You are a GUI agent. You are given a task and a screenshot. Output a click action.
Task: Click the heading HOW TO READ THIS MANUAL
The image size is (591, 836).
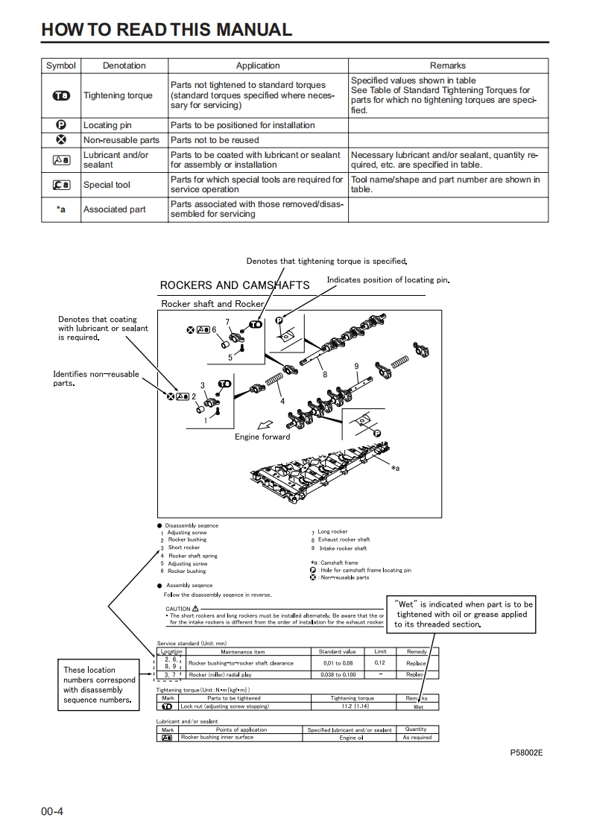pyautogui.click(x=166, y=30)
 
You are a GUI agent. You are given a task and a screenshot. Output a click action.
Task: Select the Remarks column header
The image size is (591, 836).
pyautogui.click(x=447, y=66)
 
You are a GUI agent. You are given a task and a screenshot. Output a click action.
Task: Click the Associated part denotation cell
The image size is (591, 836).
pyautogui.click(x=114, y=209)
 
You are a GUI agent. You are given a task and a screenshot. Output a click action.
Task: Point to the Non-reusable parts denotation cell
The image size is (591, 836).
pyautogui.click(x=121, y=140)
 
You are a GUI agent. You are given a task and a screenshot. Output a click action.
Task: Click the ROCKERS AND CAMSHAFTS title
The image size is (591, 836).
pyautogui.click(x=235, y=285)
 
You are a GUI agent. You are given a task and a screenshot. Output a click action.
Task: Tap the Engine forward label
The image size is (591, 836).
pyautogui.click(x=262, y=437)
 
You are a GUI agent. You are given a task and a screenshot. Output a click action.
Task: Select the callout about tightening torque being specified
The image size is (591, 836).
pyautogui.click(x=326, y=262)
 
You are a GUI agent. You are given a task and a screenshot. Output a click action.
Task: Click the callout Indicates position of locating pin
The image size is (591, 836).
pyautogui.click(x=388, y=280)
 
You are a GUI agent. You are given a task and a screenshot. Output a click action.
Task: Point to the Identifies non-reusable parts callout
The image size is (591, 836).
pyautogui.click(x=95, y=379)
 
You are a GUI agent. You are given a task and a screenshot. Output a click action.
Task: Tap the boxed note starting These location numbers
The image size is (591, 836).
pyautogui.click(x=99, y=685)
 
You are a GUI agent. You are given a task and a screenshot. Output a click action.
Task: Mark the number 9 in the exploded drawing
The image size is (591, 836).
pyautogui.click(x=357, y=366)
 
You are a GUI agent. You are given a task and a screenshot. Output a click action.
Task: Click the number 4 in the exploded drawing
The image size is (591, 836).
pyautogui.click(x=282, y=402)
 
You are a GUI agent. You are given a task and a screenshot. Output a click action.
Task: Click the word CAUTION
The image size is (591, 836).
pyautogui.click(x=178, y=609)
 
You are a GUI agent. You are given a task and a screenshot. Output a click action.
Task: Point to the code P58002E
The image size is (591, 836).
pyautogui.click(x=526, y=753)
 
